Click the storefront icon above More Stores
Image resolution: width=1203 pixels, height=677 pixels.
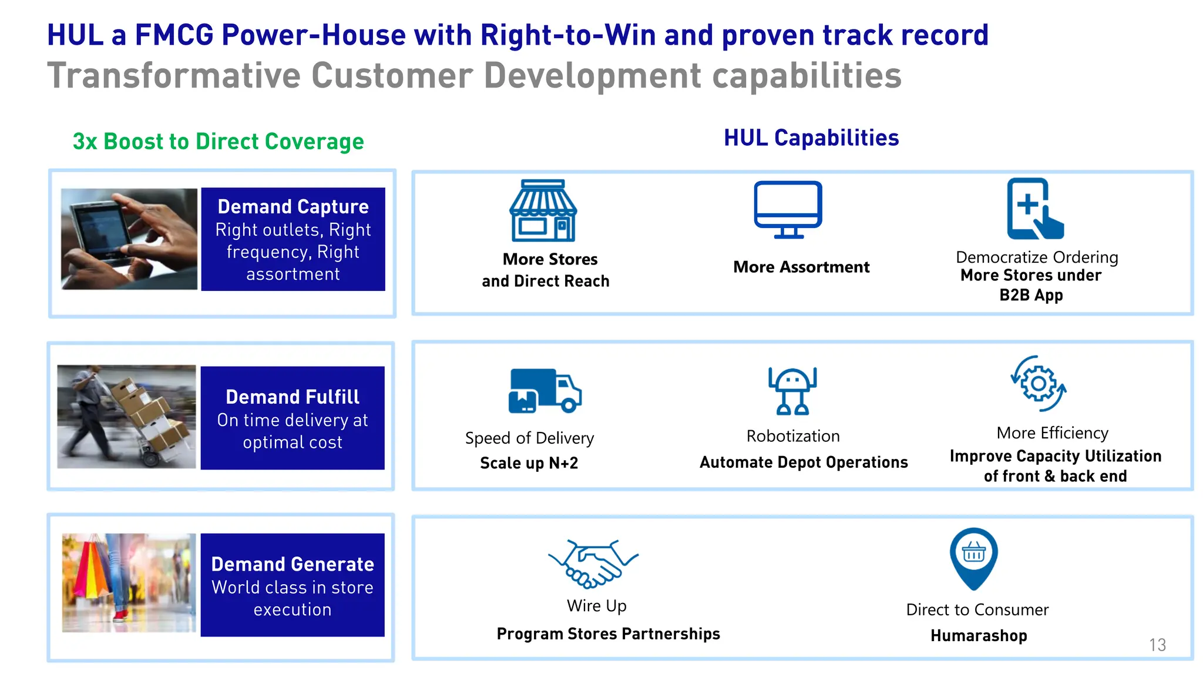pos(543,210)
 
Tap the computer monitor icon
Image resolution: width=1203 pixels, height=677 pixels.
pos(788,209)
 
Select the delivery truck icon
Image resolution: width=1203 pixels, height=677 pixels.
pos(544,390)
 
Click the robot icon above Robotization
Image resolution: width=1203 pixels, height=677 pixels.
pos(792,390)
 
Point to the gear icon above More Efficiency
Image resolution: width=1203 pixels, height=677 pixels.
pos(1038,384)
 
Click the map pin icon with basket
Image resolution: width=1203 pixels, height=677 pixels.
pos(973,557)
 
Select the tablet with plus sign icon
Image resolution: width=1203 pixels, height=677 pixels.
pos(1034,209)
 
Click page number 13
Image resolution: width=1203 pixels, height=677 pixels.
pos(1157,645)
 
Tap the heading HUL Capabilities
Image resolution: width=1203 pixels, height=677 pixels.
pos(811,138)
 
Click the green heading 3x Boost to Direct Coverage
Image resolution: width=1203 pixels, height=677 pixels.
pos(218,142)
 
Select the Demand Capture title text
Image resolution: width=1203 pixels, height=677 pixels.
pos(293,207)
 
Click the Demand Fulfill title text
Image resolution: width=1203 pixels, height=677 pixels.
pos(293,397)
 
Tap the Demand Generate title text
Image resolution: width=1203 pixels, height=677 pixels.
pos(293,564)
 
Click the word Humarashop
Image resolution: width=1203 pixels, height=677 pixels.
pos(979,636)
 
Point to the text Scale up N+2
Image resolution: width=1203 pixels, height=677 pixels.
pos(529,463)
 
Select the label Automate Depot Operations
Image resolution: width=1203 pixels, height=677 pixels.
pos(803,462)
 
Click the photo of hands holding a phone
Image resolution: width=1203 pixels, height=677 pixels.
pos(129,239)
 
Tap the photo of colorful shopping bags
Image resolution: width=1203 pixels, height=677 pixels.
pos(129,582)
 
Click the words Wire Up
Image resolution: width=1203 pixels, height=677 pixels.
pos(596,606)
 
